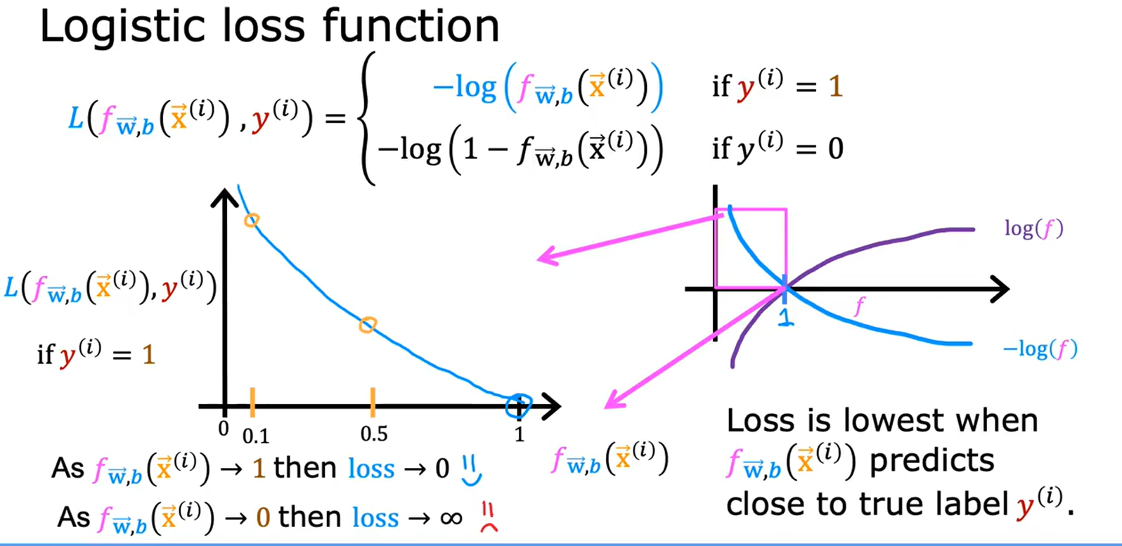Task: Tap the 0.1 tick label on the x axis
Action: [x=256, y=436]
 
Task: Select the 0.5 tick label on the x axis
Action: [x=374, y=434]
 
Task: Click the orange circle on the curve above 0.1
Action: [x=251, y=221]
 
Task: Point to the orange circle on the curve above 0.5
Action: [x=368, y=325]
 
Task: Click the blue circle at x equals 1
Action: [x=519, y=404]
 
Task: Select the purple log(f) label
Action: [x=1033, y=229]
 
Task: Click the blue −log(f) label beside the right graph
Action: [x=1040, y=349]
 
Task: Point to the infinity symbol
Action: [x=451, y=519]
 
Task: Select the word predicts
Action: [x=931, y=462]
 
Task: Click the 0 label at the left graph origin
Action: [x=224, y=428]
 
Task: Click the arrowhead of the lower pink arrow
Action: [x=612, y=402]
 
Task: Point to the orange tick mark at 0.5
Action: [x=373, y=402]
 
